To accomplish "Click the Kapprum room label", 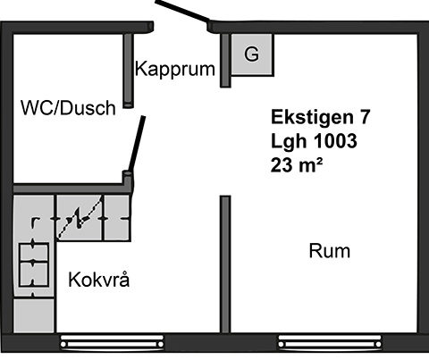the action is coord(175,69).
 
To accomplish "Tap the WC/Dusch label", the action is coord(68,107).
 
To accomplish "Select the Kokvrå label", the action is coord(99,280).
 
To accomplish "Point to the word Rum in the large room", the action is coord(330,251).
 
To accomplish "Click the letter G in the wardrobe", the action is coord(252,54).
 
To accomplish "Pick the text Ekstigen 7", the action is coord(321,117).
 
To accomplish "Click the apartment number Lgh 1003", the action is coord(314,141).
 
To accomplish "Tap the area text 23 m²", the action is coord(297,165).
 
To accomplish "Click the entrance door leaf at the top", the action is coord(182,11).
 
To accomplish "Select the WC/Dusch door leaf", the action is coord(137,144).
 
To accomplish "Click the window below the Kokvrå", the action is coord(112,341).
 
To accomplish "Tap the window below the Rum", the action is coord(330,341).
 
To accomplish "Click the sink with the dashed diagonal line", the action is coord(80,218).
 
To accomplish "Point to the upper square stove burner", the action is coord(34,252).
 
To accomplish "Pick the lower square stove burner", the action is coord(34,274).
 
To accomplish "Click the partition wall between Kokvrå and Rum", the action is coord(225,264).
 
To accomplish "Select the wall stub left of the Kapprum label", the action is coord(129,71).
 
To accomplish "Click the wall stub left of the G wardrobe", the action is coord(225,61).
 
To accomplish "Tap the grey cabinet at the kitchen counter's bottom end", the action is coord(34,315).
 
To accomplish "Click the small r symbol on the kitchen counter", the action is coord(35,222).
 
